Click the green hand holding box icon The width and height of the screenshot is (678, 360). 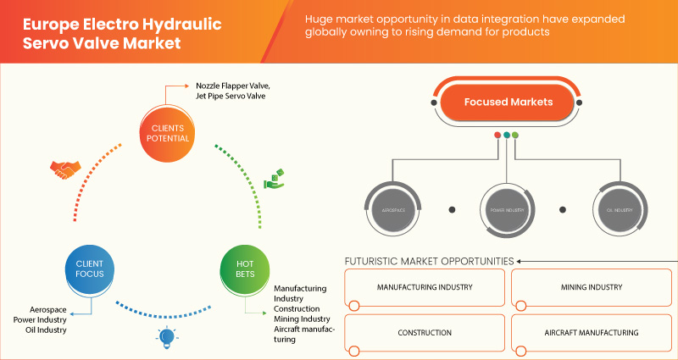(273, 179)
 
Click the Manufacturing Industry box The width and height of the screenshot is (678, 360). (425, 289)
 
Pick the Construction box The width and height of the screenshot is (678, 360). (425, 333)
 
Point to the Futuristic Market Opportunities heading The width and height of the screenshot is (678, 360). (429, 261)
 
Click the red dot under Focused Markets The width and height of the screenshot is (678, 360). (497, 135)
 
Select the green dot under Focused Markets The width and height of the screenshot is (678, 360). (515, 135)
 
